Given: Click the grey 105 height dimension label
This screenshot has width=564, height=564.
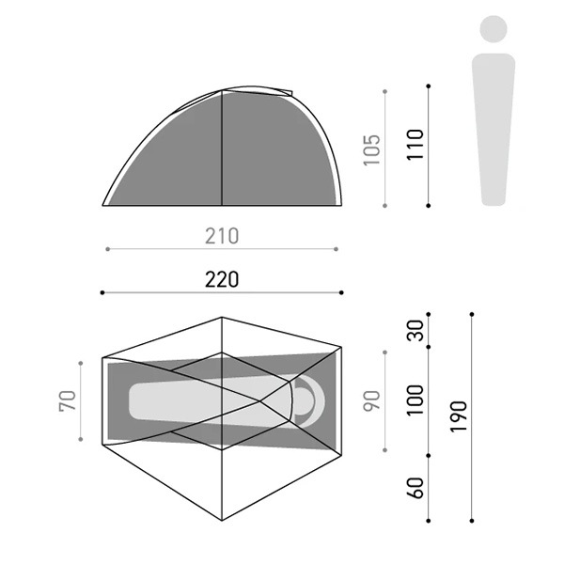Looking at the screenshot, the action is coord(371,150).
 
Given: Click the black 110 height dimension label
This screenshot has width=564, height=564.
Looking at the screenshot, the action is coord(415,145).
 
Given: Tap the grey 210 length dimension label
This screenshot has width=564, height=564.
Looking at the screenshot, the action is coord(222,236).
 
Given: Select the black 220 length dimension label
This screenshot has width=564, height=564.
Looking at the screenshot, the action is coord(222,279).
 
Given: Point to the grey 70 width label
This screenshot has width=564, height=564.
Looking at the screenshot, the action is coord(68,400).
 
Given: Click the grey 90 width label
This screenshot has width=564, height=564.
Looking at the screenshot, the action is coord(371,400).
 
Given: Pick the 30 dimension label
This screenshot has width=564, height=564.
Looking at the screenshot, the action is coord(415,330).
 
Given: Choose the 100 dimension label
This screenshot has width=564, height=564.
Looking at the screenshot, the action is coord(415,400).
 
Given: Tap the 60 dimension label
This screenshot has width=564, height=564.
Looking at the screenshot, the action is coord(415,488).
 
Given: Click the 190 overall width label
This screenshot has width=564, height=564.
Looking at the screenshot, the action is coord(459,416).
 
